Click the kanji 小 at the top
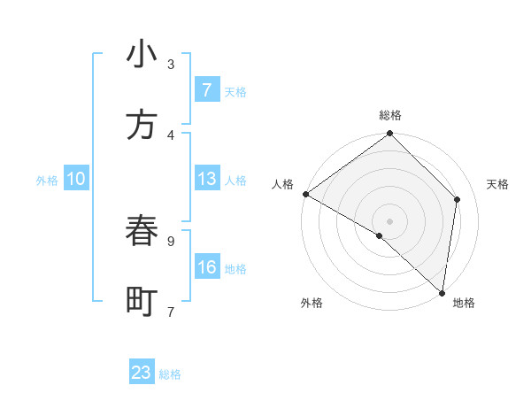(x=142, y=55)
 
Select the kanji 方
(x=142, y=125)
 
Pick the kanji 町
(x=142, y=302)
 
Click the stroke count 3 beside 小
(x=171, y=64)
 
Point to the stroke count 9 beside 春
(x=171, y=240)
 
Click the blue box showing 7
(x=207, y=90)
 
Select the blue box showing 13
(x=207, y=179)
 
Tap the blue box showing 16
(x=207, y=267)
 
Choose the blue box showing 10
(x=76, y=179)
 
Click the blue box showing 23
(x=142, y=373)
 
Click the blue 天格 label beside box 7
(x=235, y=92)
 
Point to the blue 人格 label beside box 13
(x=235, y=181)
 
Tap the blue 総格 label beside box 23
(x=170, y=374)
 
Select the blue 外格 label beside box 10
(x=47, y=181)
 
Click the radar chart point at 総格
(x=389, y=135)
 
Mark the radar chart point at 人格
(x=305, y=194)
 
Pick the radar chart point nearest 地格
(x=442, y=292)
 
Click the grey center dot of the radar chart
(x=389, y=220)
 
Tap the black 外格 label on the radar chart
(x=312, y=304)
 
